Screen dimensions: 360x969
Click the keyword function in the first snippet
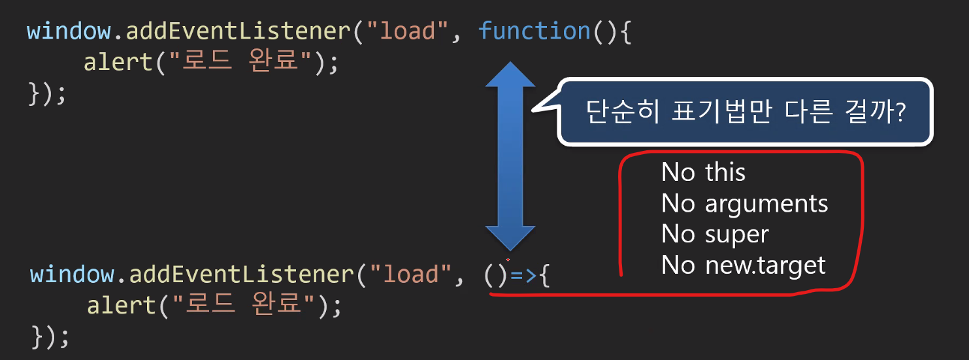click(534, 31)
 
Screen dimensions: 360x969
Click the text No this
click(703, 172)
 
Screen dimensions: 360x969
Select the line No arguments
click(744, 204)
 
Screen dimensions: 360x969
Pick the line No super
click(715, 234)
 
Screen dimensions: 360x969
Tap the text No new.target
click(744, 265)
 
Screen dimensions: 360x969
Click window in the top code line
click(69, 31)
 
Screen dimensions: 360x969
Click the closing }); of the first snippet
click(48, 93)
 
